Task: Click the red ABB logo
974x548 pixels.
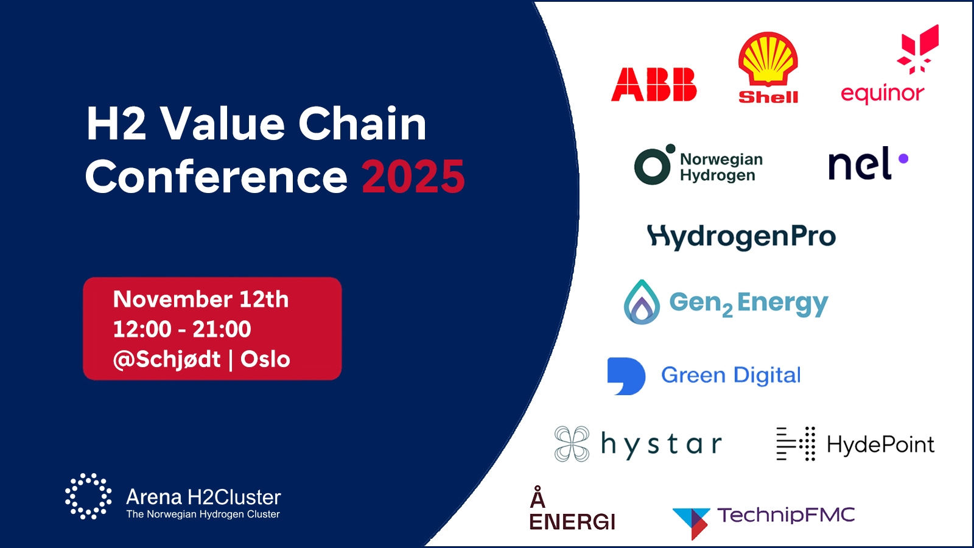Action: pyautogui.click(x=654, y=85)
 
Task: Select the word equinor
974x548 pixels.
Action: pyautogui.click(x=882, y=94)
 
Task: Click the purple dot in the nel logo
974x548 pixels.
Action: pyautogui.click(x=903, y=159)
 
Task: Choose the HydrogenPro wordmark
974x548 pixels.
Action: pyautogui.click(x=741, y=237)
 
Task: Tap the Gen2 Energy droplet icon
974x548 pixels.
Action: pyautogui.click(x=642, y=302)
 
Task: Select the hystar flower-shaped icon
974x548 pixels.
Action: pyautogui.click(x=572, y=444)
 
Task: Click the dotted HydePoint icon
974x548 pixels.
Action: pyautogui.click(x=796, y=444)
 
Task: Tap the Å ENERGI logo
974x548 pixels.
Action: pyautogui.click(x=572, y=508)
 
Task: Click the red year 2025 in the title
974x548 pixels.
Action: pyautogui.click(x=413, y=177)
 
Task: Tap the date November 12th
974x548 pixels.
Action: pyautogui.click(x=201, y=299)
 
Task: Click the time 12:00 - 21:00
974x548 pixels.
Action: pyautogui.click(x=182, y=329)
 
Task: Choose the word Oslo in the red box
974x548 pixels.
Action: pyautogui.click(x=265, y=359)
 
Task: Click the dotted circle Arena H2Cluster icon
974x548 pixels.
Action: pyautogui.click(x=88, y=496)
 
